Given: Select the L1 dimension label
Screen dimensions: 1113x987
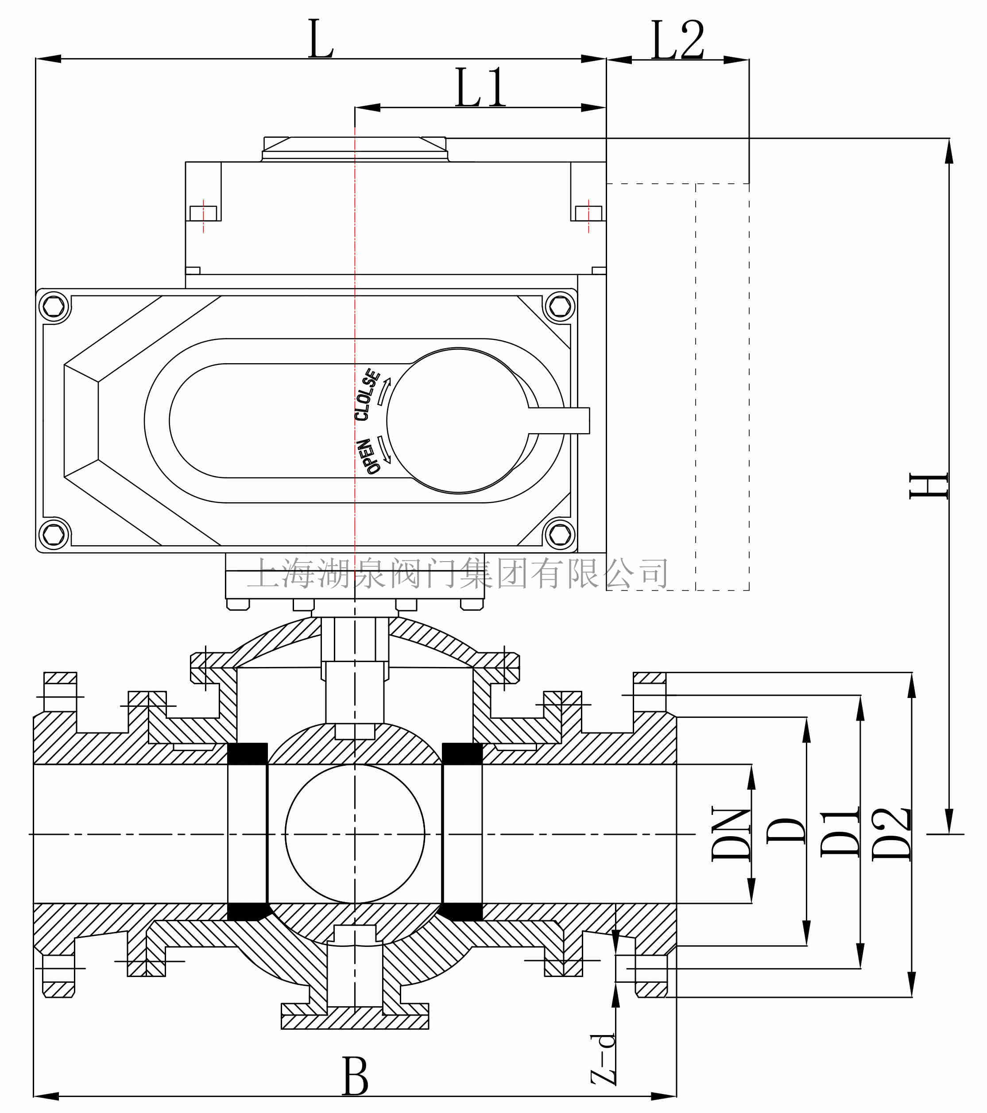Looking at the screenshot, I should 480,88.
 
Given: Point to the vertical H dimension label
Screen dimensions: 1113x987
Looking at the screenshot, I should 928,486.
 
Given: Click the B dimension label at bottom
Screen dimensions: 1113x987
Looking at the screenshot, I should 355,1077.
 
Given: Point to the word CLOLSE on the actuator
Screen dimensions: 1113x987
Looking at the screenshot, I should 367,395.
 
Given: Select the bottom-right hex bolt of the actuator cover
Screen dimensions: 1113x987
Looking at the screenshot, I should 560,535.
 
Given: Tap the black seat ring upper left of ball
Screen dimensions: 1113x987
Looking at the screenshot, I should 247,754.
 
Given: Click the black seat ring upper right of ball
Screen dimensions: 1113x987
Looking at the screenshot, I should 462,754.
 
